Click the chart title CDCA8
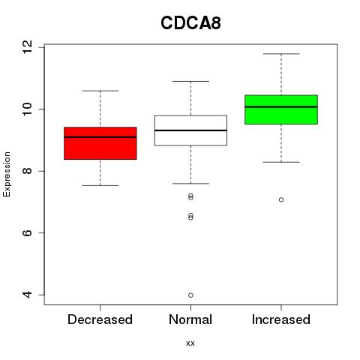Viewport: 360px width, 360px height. tap(190, 23)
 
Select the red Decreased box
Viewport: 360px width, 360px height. tap(100, 143)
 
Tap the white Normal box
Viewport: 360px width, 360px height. tap(190, 130)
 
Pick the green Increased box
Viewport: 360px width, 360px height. tap(281, 109)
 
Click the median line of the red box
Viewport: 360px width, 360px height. tap(100, 137)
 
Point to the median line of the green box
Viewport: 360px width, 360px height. tap(281, 106)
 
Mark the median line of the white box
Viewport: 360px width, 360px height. tap(190, 130)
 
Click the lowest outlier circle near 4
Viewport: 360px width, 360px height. tap(190, 295)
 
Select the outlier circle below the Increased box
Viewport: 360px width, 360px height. tap(281, 199)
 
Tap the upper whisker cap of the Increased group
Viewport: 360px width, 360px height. tap(281, 54)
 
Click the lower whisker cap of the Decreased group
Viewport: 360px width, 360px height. tap(100, 185)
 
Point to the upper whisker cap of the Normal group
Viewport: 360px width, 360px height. tap(190, 81)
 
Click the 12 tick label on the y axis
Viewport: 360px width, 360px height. tap(28, 47)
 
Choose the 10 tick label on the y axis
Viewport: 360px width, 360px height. tap(28, 109)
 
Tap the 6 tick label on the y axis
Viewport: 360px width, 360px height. tap(28, 232)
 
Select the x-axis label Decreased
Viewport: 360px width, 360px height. tap(100, 319)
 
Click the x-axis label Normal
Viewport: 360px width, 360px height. tap(190, 319)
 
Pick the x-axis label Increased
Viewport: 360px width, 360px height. tap(281, 319)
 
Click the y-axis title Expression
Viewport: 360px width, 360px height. tap(7, 174)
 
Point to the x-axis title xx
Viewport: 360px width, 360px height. tap(190, 343)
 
